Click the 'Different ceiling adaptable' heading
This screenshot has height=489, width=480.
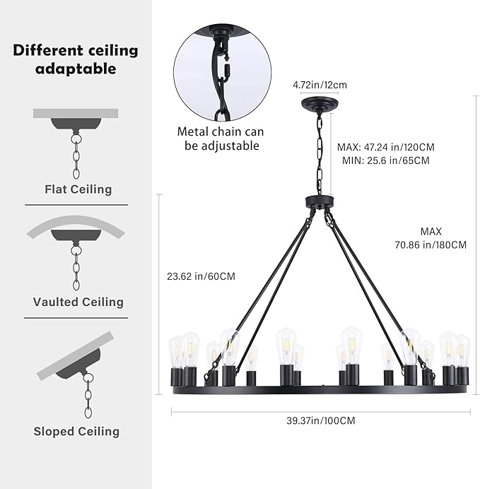(76, 59)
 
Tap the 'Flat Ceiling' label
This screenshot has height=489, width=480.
(78, 189)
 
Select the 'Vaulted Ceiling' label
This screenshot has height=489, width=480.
(78, 302)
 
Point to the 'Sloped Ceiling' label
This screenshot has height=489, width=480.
(77, 431)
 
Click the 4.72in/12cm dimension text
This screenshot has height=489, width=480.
(320, 85)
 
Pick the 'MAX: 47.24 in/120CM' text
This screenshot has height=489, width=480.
(386, 147)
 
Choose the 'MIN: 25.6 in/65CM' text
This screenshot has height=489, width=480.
(386, 160)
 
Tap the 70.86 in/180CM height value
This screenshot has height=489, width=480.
(431, 245)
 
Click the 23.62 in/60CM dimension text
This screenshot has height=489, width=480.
(201, 276)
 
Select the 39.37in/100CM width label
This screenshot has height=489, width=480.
(321, 420)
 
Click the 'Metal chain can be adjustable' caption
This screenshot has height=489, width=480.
(221, 139)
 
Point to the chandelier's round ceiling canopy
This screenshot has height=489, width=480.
(320, 103)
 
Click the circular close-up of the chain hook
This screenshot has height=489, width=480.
(223, 73)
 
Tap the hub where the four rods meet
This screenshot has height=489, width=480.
(320, 201)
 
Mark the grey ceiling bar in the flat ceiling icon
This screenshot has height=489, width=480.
(76, 113)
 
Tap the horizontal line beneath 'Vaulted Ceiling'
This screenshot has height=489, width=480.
(76, 318)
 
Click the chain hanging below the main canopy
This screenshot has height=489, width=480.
(320, 153)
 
